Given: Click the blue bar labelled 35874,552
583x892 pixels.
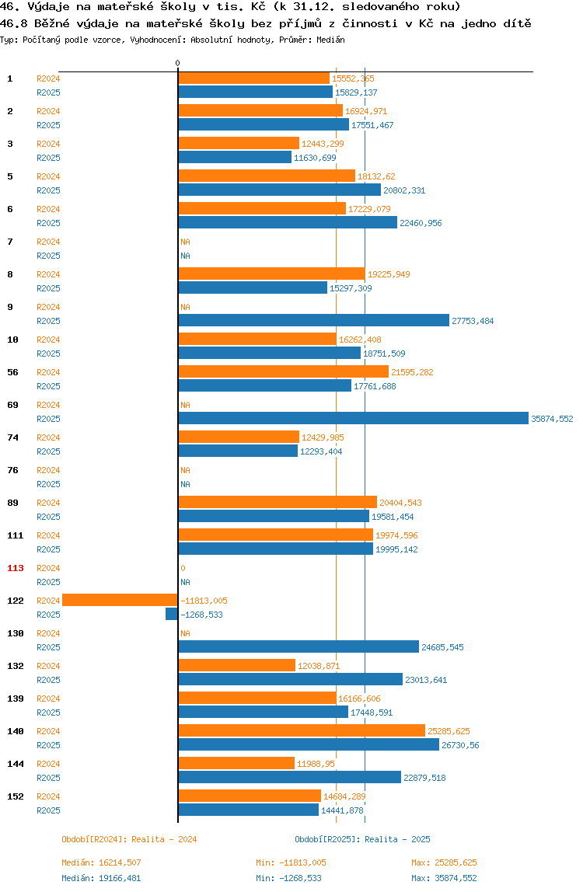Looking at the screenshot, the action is click(x=353, y=419).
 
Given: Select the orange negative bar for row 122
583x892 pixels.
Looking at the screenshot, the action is click(x=120, y=600).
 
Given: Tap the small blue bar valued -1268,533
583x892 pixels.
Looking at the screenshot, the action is click(x=171, y=615).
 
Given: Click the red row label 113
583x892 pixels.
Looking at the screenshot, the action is click(x=16, y=568).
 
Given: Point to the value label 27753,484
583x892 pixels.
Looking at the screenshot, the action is click(x=473, y=322).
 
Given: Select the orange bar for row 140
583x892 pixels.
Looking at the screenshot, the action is click(x=301, y=731).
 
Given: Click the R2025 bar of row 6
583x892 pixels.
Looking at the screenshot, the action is click(x=288, y=223).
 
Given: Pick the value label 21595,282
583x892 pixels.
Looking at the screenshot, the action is click(x=412, y=373).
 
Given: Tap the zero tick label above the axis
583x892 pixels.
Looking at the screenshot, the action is click(x=178, y=63).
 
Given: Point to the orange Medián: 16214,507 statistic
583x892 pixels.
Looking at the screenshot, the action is click(x=101, y=863).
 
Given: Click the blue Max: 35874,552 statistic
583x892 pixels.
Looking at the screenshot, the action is click(x=444, y=878).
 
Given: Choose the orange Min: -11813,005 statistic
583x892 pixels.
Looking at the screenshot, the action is click(x=291, y=863).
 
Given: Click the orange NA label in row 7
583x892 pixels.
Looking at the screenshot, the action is click(x=185, y=242).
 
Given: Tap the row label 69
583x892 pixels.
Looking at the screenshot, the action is click(x=12, y=405).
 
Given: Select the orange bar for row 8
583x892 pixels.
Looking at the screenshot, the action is click(x=271, y=274).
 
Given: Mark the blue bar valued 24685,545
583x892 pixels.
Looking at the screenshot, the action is click(x=298, y=646).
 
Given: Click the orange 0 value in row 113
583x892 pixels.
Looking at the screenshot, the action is click(x=183, y=568).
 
